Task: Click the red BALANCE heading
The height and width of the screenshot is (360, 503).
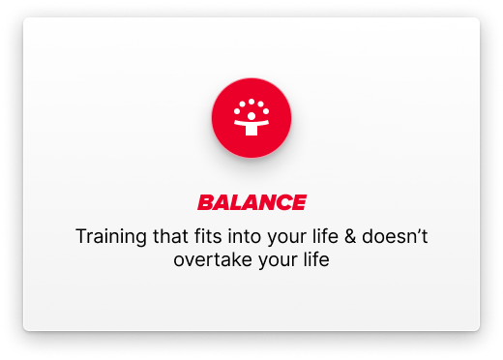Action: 251,203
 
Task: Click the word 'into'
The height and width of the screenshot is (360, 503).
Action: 235,235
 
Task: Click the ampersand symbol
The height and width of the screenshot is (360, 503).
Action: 340,235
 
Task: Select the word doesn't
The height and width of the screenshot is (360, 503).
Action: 390,235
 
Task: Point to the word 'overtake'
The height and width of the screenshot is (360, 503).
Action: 208,259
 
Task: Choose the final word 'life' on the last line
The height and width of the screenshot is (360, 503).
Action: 311,259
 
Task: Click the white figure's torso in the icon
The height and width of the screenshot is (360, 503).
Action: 251,128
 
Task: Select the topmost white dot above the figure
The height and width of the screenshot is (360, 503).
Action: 251,100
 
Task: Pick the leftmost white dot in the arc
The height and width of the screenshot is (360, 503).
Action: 237,111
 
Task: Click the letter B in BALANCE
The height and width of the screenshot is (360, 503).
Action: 206,203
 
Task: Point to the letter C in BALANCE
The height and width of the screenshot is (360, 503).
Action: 281,203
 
